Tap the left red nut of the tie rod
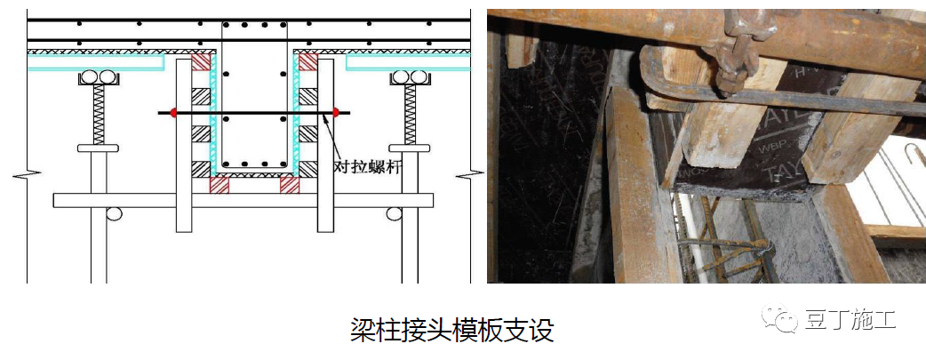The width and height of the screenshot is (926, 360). click(x=173, y=112)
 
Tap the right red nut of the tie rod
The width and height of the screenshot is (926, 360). click(x=336, y=112)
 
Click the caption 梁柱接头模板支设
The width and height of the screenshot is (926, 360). click(x=452, y=330)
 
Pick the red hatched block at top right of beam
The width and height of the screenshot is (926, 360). click(x=307, y=62)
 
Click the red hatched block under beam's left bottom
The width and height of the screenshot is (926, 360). click(x=219, y=185)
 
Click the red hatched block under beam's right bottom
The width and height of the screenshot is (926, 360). click(x=290, y=185)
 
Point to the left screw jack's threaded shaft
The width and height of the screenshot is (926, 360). click(x=98, y=116)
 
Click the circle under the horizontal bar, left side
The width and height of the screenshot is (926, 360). click(x=115, y=213)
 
